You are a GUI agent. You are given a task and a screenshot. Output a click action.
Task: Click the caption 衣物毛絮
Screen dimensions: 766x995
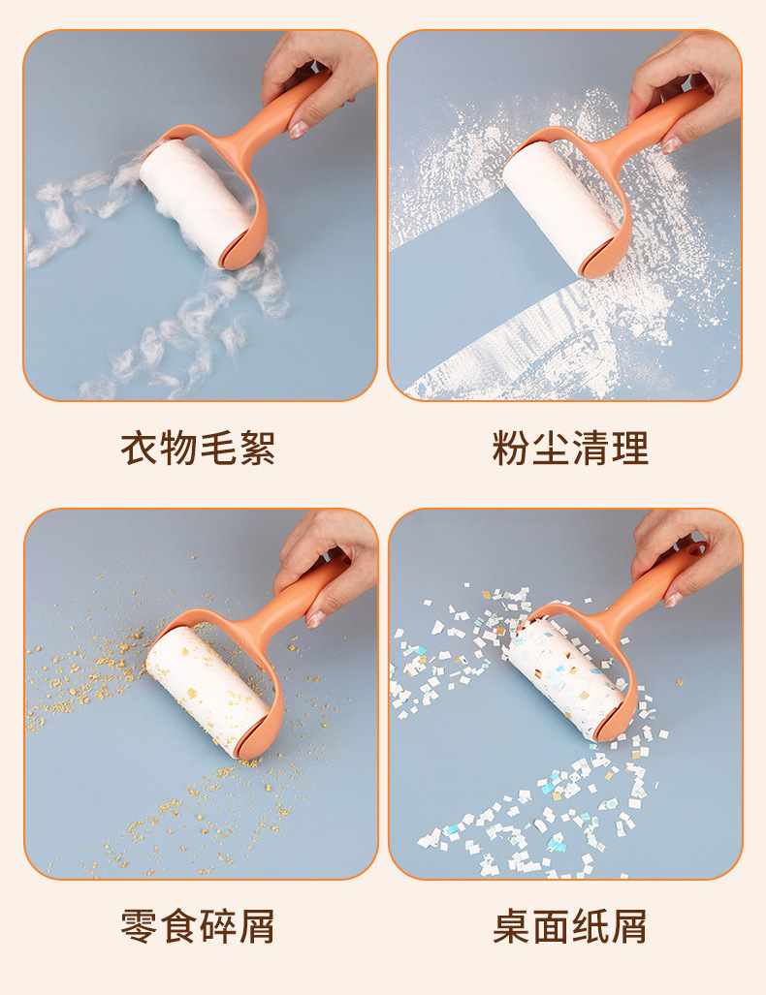pyautogui.click(x=198, y=448)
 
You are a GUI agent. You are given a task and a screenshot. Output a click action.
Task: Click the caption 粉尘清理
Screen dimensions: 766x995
pyautogui.click(x=570, y=448)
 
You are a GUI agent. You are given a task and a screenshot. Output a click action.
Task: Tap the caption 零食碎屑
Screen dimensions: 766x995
pyautogui.click(x=198, y=926)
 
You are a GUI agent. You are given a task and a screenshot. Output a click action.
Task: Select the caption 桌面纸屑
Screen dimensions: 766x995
pyautogui.click(x=570, y=926)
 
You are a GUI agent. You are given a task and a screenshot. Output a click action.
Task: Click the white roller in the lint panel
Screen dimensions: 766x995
pyautogui.click(x=194, y=198)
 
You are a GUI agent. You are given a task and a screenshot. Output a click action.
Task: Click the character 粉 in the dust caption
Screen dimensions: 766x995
pyautogui.click(x=511, y=448)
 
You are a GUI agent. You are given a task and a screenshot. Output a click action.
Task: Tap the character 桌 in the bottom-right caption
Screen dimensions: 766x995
pyautogui.click(x=511, y=926)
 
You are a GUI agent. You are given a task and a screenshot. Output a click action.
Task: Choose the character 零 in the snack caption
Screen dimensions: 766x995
pyautogui.click(x=139, y=926)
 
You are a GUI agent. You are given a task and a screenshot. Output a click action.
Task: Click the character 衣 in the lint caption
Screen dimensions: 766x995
pyautogui.click(x=139, y=448)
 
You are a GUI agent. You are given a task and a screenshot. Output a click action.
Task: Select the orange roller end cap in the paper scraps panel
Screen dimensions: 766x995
pyautogui.click(x=616, y=724)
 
